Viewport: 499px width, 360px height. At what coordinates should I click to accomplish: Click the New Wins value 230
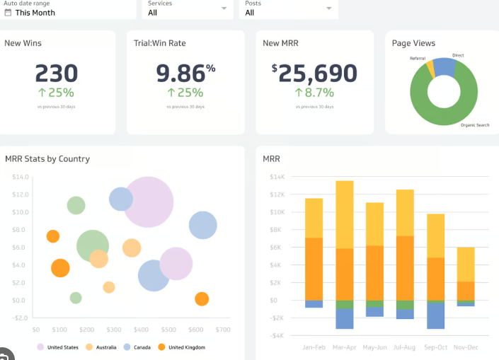[56, 73]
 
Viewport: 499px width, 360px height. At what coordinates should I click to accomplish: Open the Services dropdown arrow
[224, 8]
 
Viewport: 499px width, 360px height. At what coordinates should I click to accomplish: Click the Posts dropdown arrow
[329, 8]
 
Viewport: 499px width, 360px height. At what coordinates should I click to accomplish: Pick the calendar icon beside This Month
[8, 12]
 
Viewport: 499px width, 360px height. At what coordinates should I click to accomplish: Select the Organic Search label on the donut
[475, 125]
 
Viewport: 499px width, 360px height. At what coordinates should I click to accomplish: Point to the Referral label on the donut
[418, 58]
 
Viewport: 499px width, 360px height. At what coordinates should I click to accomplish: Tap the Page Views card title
[413, 43]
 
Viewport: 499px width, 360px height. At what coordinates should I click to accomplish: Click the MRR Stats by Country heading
[47, 159]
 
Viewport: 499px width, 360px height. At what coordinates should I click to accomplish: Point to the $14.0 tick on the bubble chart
[20, 177]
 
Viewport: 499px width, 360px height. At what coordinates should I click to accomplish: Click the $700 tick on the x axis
[223, 330]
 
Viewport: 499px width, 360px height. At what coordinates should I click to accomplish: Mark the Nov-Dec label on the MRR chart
[466, 347]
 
